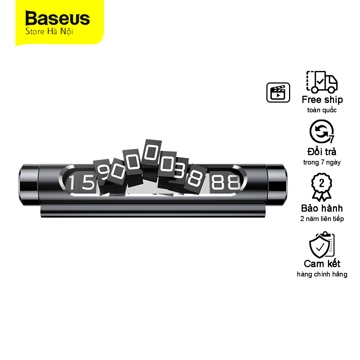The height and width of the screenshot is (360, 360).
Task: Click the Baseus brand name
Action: [57, 18]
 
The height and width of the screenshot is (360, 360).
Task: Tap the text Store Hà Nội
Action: [49, 31]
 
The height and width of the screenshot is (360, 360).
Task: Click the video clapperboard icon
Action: [278, 93]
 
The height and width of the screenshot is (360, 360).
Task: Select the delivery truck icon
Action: [321, 82]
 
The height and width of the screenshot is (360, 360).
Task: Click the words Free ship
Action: [322, 100]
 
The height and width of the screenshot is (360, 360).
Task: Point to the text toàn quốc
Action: [322, 110]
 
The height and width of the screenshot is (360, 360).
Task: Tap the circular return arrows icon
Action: [321, 131]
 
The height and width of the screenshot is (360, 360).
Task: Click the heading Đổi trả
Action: [322, 152]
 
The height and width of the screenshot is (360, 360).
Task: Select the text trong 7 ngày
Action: [322, 162]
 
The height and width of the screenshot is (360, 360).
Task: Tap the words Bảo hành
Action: [322, 208]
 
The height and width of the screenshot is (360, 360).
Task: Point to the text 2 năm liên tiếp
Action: [322, 219]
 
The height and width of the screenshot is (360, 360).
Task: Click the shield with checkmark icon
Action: [321, 245]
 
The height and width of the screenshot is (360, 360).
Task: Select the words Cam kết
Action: [322, 264]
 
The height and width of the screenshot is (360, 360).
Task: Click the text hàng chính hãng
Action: [322, 274]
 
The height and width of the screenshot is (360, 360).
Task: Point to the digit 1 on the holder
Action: [72, 182]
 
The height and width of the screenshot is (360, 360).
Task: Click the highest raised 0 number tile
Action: [151, 152]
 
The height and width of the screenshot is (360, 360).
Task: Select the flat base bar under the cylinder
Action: [153, 210]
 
